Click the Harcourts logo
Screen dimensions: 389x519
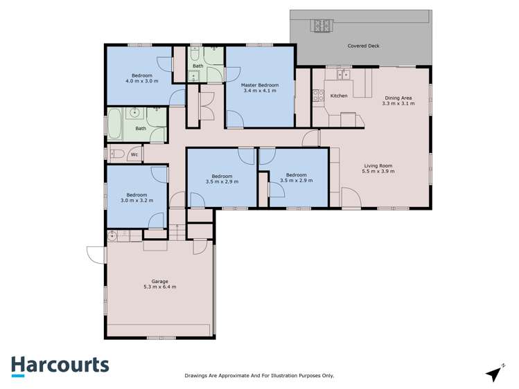(60, 365)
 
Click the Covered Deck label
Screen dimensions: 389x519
(363, 46)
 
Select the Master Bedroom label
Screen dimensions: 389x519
(258, 87)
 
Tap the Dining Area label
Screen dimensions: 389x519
(398, 100)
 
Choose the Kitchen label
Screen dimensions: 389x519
(339, 96)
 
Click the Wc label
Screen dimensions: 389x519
(134, 154)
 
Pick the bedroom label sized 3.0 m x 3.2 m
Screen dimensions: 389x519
(137, 198)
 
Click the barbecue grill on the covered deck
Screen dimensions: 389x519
(323, 26)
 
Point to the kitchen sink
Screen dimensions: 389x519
(342, 73)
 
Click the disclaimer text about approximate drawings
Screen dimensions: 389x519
(259, 376)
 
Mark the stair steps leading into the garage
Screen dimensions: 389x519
(179, 233)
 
